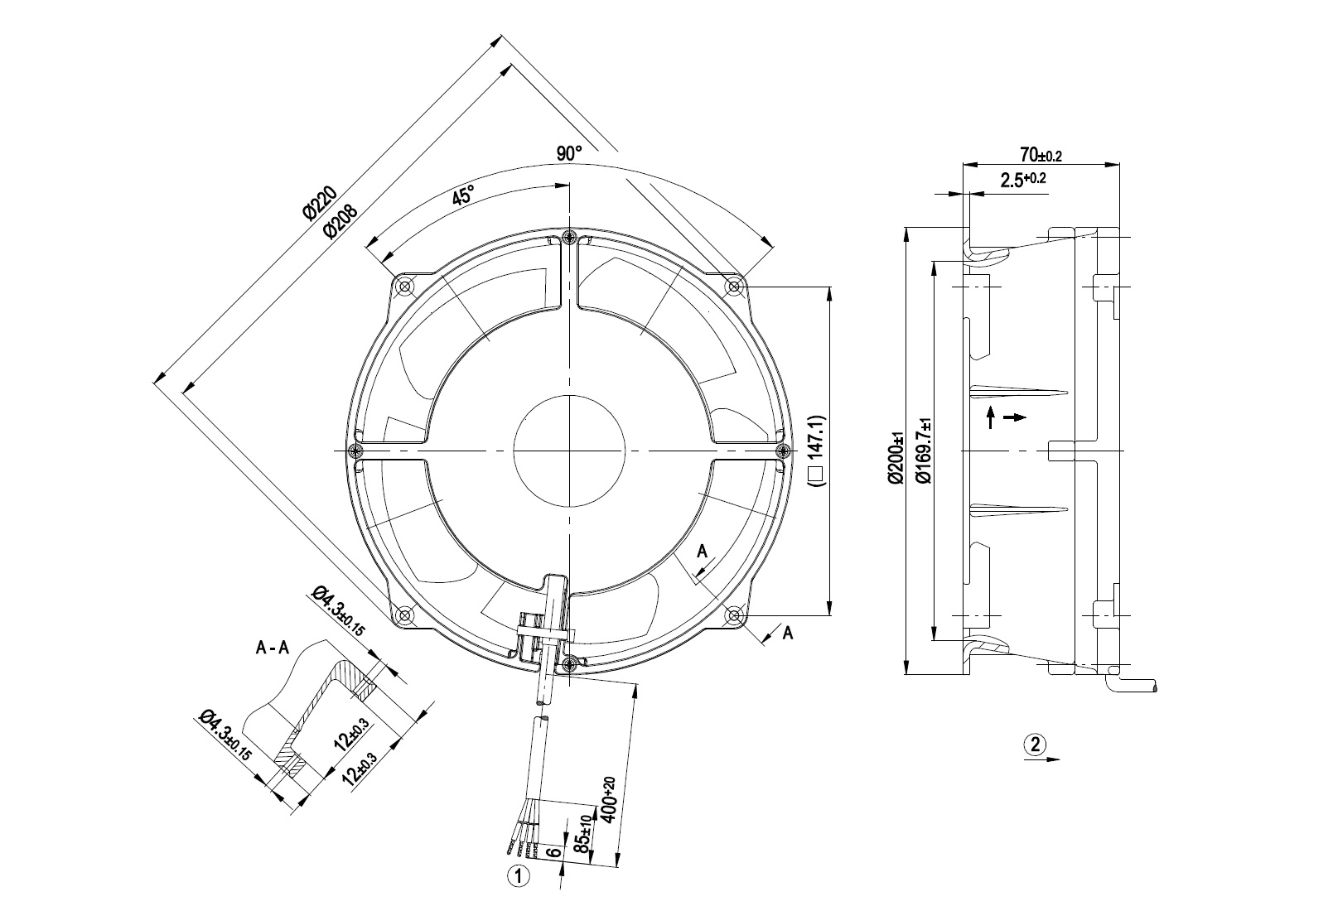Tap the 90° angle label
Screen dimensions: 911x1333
point(569,153)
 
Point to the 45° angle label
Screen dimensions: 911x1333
point(463,195)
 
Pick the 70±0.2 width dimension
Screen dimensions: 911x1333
point(1041,155)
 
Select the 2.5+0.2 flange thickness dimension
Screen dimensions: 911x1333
point(1023,180)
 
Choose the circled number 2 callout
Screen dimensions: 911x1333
point(1033,743)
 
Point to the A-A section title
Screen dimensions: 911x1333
point(273,648)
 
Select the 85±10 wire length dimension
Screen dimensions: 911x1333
point(583,836)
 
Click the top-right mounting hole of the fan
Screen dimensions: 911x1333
point(733,287)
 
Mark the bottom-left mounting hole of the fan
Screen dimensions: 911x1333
point(405,615)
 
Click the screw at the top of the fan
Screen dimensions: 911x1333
point(569,239)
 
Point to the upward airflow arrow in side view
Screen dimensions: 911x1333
point(990,417)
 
